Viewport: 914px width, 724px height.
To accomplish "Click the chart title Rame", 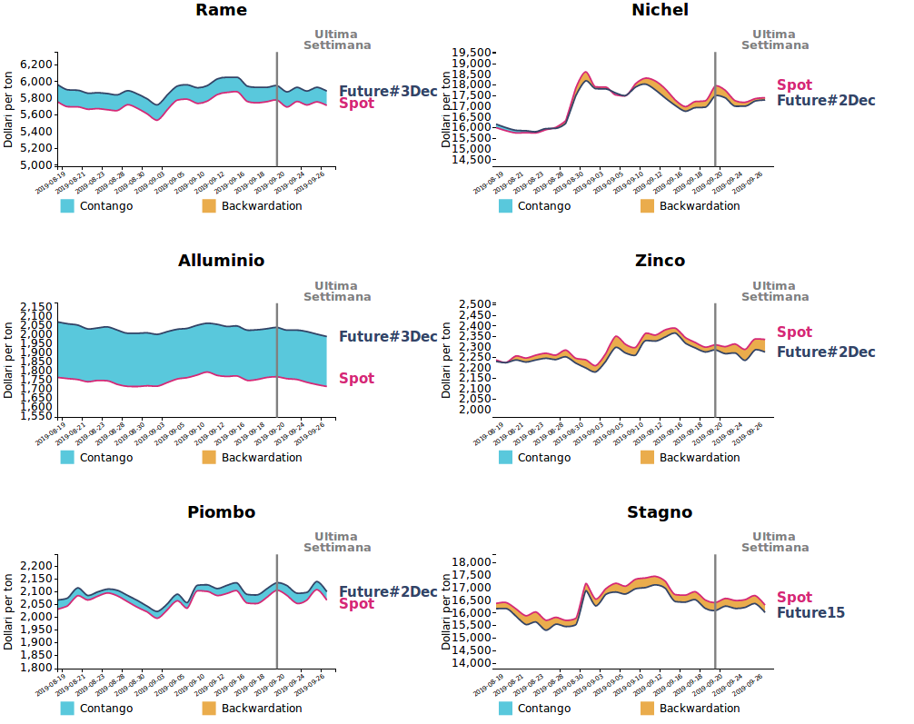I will coord(221,10).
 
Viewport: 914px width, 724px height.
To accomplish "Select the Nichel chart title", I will coord(660,10).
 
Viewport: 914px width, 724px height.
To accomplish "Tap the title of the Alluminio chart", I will coord(221,261).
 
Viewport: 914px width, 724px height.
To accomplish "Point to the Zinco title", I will coord(660,261).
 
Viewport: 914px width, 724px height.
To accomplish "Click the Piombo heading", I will coord(221,512).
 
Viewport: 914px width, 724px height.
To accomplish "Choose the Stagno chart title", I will coord(660,512).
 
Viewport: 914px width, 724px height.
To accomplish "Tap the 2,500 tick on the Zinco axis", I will coord(476,304).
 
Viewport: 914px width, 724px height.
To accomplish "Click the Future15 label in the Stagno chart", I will coord(810,613).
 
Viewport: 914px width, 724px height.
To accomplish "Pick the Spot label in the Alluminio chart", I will coord(356,379).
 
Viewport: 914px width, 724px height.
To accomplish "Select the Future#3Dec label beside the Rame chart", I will coord(388,91).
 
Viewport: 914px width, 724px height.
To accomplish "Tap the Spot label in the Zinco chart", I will coord(794,332).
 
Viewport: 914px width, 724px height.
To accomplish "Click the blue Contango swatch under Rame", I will coord(68,206).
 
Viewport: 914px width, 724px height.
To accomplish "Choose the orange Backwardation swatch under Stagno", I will coord(648,709).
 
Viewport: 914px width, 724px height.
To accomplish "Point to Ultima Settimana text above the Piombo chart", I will coord(336,542).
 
